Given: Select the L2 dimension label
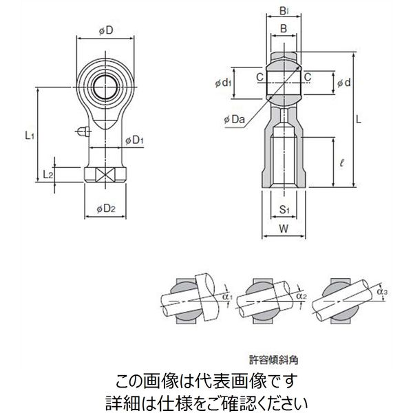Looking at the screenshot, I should (x=47, y=175).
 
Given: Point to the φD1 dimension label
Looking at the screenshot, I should (x=134, y=141).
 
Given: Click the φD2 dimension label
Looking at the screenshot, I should (x=105, y=208).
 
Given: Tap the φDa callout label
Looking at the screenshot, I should (x=234, y=120).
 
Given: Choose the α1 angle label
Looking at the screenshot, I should (x=228, y=297).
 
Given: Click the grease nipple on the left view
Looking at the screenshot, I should (x=82, y=131).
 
